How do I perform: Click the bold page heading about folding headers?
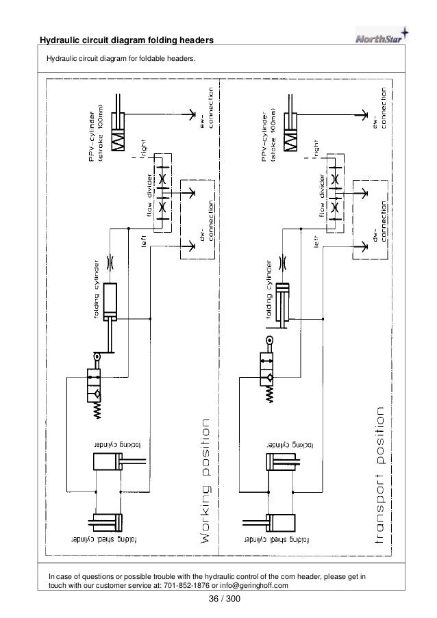[x=128, y=42]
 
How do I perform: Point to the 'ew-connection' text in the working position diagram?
[x=206, y=112]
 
